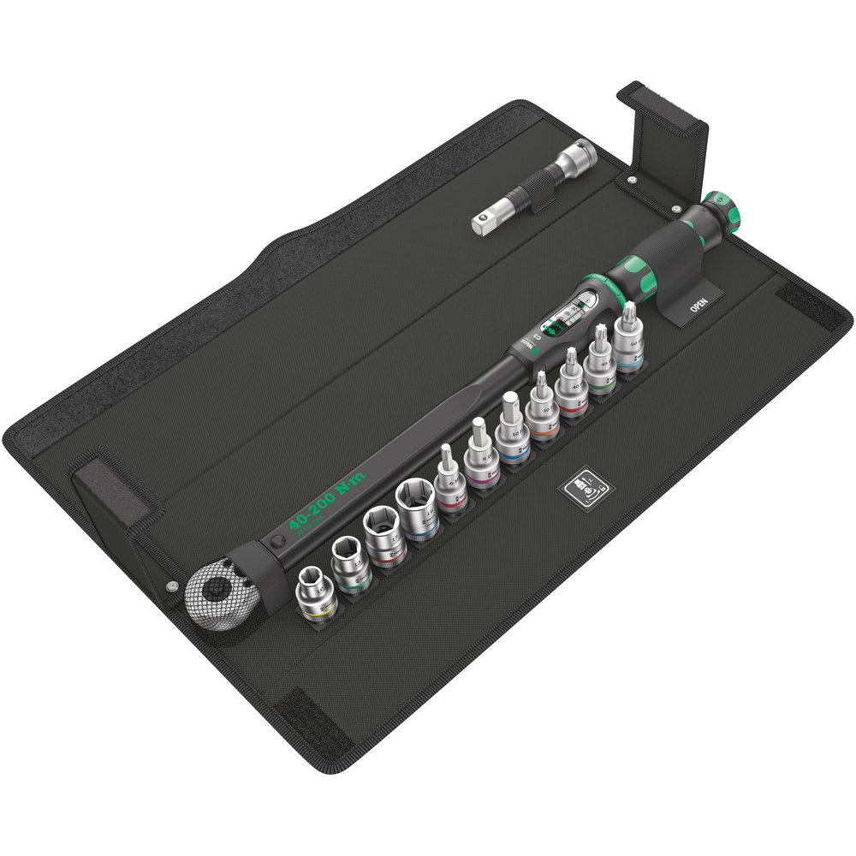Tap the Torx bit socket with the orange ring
(x=541, y=406)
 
